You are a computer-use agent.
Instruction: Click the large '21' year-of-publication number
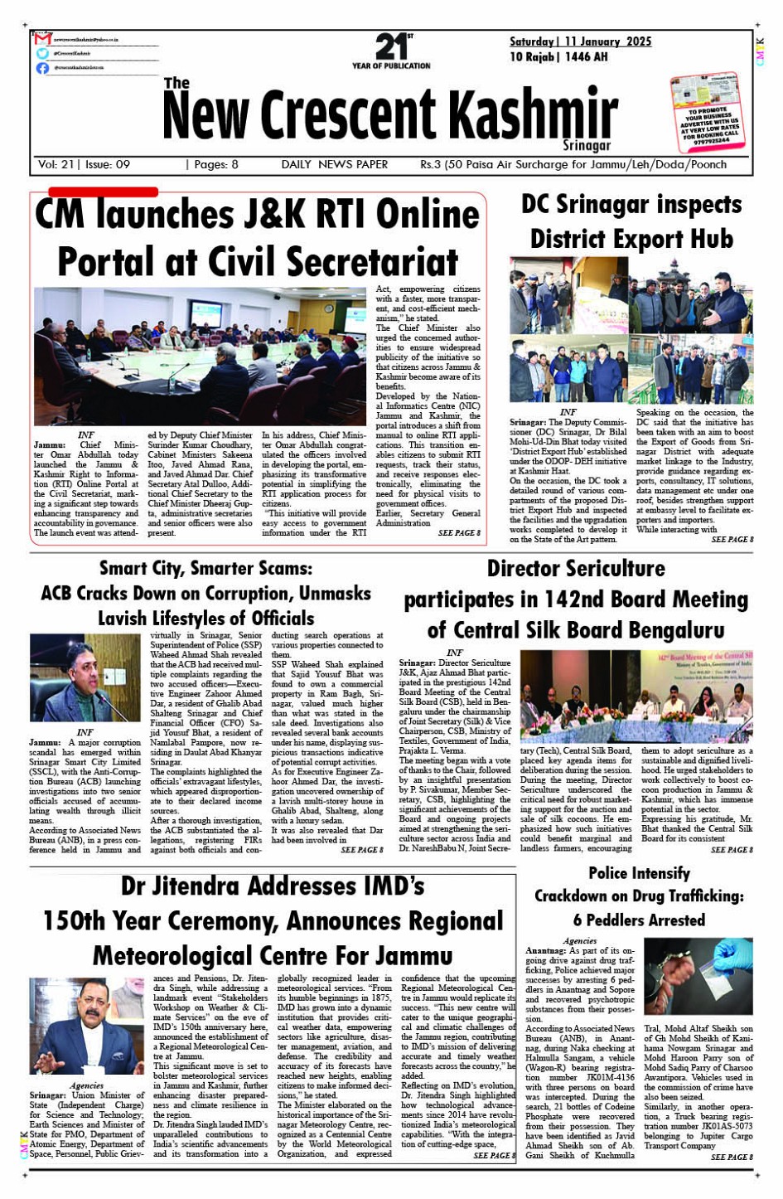click(x=389, y=46)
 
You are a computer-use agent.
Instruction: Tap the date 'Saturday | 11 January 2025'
click(x=580, y=41)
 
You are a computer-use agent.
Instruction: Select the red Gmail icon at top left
click(x=43, y=39)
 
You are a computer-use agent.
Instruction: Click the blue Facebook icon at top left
click(x=43, y=68)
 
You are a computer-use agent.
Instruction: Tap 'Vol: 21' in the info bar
click(x=56, y=164)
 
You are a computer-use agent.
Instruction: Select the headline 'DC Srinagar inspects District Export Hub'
click(x=631, y=221)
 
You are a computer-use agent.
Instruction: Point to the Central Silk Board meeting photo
click(x=636, y=697)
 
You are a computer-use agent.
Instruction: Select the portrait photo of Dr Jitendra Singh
click(x=86, y=1027)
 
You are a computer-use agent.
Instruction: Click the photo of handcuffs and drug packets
click(x=698, y=977)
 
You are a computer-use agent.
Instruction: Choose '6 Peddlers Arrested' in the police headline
click(x=639, y=920)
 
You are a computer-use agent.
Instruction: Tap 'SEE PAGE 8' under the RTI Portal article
click(x=459, y=532)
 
